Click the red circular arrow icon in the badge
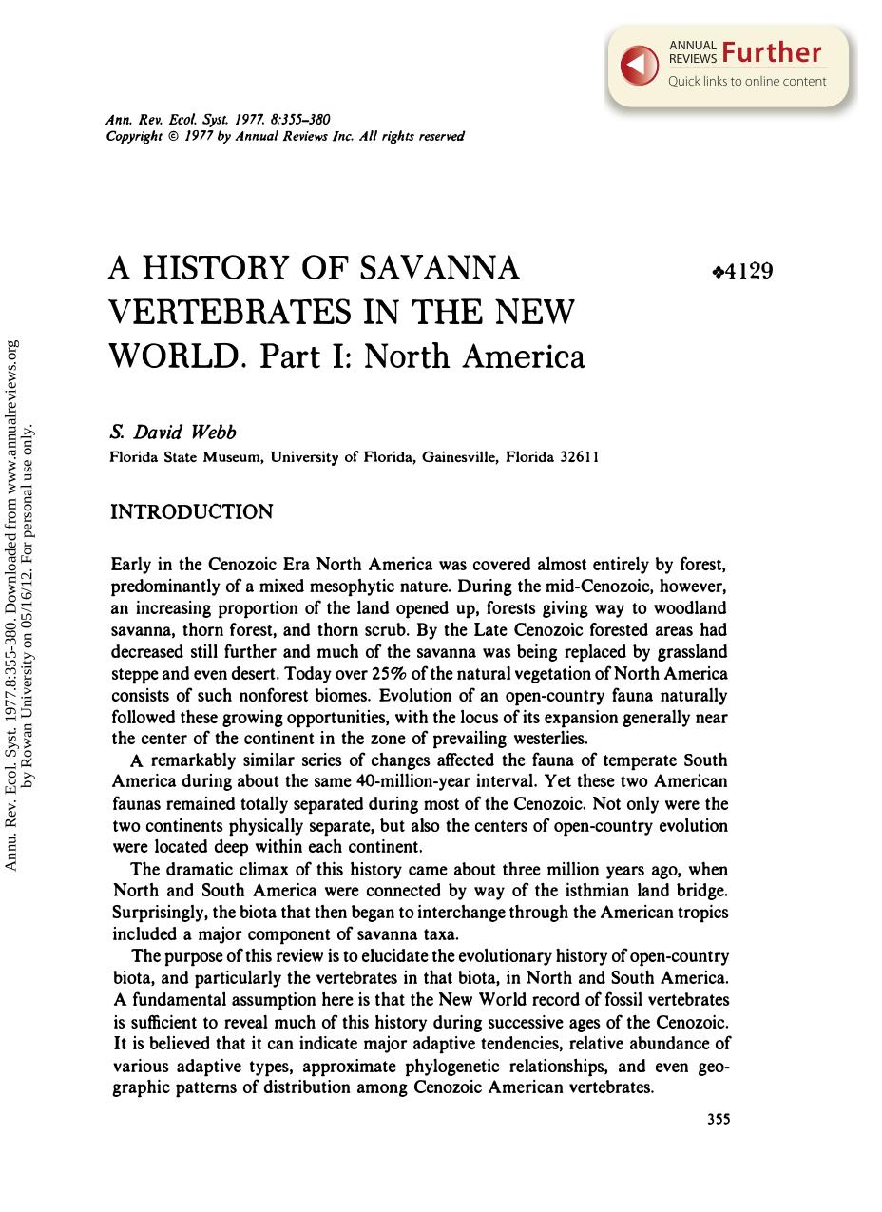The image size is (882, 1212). point(640,64)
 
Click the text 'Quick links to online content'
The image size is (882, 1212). point(747,81)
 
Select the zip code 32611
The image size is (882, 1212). point(580,457)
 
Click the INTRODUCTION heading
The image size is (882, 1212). point(192,512)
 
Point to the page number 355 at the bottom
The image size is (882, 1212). point(719,1120)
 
